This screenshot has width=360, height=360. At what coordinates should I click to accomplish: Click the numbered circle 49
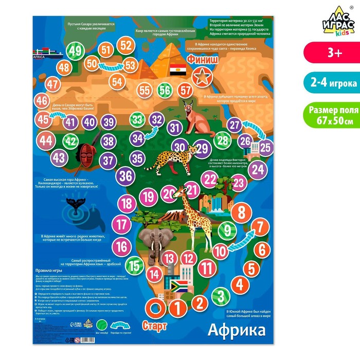pos(77,50)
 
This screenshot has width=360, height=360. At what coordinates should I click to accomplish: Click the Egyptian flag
pos(179,69)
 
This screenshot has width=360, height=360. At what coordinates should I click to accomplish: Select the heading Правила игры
pos(49,269)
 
